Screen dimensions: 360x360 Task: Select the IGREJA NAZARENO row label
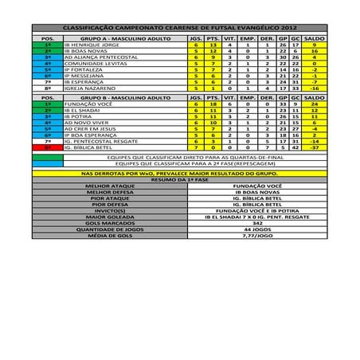click(89, 88)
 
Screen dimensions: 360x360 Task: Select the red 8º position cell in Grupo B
click(47, 147)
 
